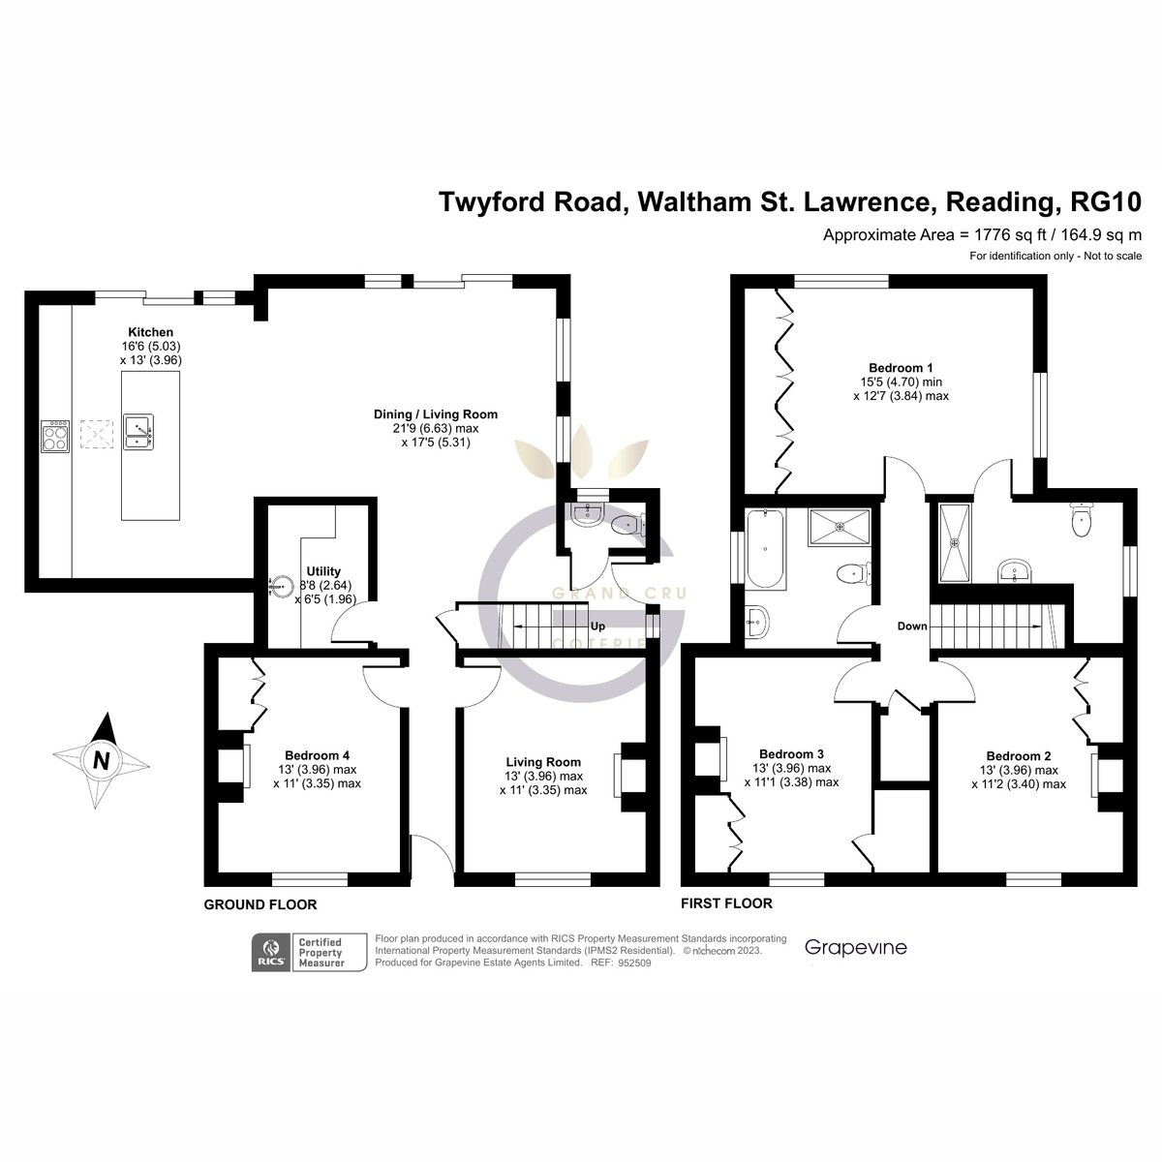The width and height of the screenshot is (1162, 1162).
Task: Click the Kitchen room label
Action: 151,332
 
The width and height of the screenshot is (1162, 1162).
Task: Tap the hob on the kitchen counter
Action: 55,437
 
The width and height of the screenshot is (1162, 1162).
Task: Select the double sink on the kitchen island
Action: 138,432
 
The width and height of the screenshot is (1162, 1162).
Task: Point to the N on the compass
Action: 102,761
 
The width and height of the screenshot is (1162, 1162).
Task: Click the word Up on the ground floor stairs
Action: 597,626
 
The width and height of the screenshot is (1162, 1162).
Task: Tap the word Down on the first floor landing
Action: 912,626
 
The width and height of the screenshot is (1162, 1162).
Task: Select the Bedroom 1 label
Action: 901,368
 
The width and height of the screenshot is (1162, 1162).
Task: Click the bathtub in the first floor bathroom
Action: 766,548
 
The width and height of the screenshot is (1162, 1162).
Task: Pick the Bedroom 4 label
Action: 318,755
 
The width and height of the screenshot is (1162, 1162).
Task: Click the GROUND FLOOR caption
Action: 260,904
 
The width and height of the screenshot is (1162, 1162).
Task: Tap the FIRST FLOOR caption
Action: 726,902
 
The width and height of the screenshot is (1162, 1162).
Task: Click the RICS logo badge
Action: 271,952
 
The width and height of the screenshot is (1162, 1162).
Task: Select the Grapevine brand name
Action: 856,948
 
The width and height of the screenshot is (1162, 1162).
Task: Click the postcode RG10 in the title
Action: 1105,202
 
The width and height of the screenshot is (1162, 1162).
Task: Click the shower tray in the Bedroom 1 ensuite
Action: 955,543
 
